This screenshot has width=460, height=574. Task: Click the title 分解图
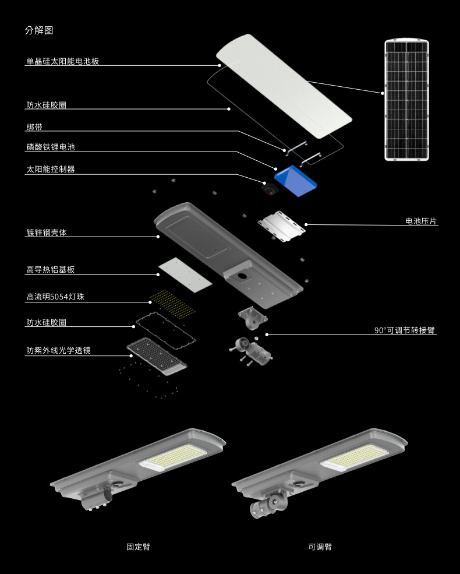pos(39,31)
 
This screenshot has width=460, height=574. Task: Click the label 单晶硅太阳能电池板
pos(62,61)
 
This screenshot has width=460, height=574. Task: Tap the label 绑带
pos(34,127)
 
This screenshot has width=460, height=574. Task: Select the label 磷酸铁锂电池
pos(50,148)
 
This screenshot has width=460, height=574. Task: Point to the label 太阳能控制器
pos(50,170)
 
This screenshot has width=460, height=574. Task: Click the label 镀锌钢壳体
pos(46,233)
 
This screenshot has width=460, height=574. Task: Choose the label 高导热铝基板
pos(50,270)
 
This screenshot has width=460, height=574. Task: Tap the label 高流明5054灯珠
pos(55,297)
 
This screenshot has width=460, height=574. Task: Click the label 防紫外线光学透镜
pos(58,351)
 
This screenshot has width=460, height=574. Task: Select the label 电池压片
pos(421,221)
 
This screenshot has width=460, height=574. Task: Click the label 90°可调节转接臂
pos(404,330)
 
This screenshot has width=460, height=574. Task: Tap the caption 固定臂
pos(138,547)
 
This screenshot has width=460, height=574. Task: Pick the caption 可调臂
pos(320,547)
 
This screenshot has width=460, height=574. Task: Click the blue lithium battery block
pos(296,180)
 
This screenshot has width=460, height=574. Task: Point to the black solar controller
pos(270,189)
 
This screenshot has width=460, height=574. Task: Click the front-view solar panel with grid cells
pos(406,100)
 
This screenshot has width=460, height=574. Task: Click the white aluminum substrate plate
pos(185,274)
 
